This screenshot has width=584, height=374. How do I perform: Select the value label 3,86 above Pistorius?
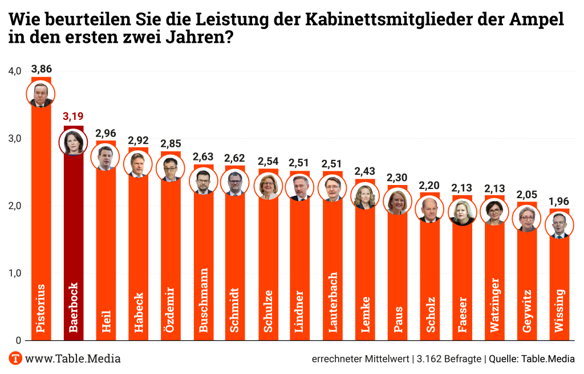point(42,69)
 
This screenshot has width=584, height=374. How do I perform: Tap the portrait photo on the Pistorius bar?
point(41,94)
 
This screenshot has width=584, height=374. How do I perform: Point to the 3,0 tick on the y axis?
point(15,139)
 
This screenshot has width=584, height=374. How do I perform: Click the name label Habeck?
point(139,312)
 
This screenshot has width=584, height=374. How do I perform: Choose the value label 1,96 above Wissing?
point(559,202)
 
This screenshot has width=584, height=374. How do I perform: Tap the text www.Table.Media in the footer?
point(73,359)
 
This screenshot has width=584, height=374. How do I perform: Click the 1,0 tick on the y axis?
point(15,273)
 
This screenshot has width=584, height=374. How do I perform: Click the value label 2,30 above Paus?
point(398,178)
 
